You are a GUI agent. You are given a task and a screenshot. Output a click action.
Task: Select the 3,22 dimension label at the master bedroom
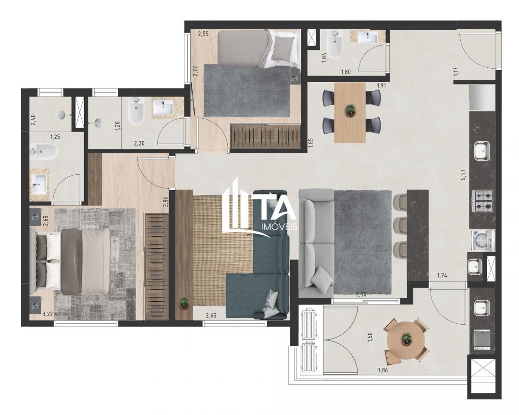pyautogui.click(x=48, y=315)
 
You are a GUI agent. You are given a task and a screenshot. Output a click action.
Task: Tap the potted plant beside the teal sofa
pyautogui.click(x=183, y=303)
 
